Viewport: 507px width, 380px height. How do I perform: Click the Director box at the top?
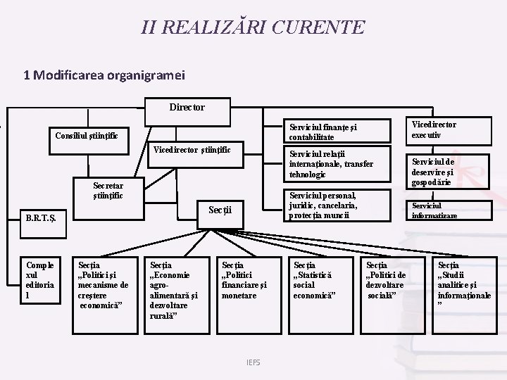[187, 107]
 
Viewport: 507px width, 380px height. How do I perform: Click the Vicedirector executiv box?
[434, 129]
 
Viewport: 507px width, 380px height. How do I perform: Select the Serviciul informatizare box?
[434, 210]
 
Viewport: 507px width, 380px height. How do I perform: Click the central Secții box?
[220, 208]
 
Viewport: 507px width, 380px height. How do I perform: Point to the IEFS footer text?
[253, 362]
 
